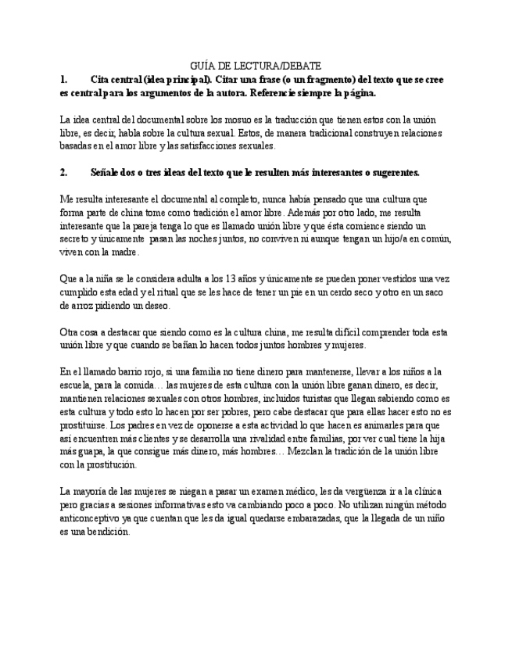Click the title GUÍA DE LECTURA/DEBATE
(x=256, y=66)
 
